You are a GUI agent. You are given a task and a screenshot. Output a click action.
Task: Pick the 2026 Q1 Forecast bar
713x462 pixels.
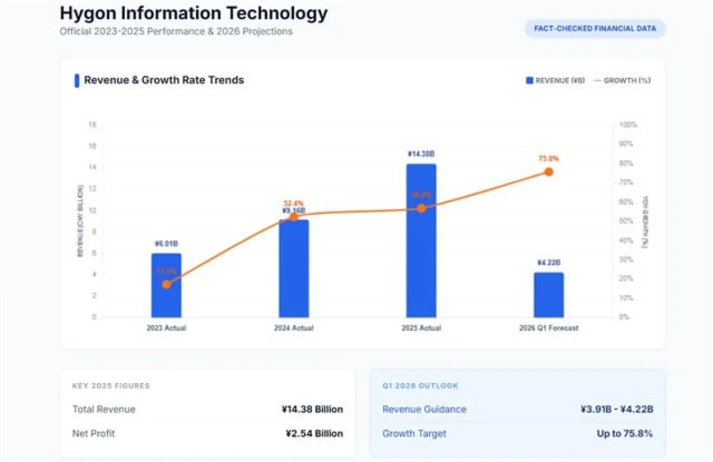pos(548,295)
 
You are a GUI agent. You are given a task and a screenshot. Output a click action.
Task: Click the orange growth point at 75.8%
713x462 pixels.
pos(548,172)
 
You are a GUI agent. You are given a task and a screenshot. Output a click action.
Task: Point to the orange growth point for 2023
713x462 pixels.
pos(166,284)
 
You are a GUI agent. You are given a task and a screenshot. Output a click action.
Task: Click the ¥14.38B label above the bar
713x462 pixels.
pos(421,154)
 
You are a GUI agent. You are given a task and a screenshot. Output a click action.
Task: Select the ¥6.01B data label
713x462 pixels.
pos(166,243)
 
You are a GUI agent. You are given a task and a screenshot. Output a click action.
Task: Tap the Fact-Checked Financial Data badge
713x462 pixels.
pos(595,29)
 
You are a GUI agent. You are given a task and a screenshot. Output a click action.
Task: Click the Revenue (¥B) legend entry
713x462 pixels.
pos(556,80)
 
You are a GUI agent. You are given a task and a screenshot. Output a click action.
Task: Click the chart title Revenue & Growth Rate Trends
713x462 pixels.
pos(163,80)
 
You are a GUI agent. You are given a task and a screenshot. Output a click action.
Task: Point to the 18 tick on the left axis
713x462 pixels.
pos(92,125)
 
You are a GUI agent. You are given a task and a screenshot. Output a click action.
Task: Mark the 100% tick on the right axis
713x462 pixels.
pos(628,125)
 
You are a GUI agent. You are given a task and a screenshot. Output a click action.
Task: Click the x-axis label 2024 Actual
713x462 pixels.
pos(294,328)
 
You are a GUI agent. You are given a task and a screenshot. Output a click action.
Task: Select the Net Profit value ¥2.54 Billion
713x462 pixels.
pos(314,433)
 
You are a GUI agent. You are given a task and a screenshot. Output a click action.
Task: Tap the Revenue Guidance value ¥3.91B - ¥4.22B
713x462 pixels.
pos(617,409)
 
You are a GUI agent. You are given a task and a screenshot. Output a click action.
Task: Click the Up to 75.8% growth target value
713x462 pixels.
pos(624,433)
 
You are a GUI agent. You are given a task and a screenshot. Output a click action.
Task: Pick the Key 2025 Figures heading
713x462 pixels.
pos(111,386)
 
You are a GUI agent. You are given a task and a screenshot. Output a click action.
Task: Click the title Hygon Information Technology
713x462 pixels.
pos(194,13)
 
